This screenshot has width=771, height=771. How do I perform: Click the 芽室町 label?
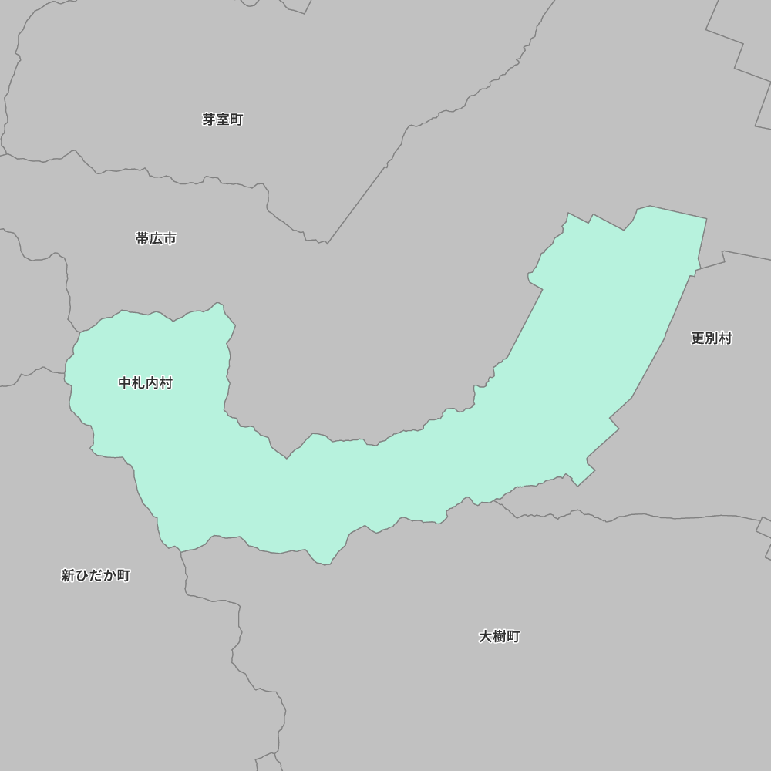pos(223,120)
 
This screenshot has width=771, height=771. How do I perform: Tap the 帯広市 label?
pos(156,239)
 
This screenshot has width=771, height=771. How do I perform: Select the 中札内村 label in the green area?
pos(145,383)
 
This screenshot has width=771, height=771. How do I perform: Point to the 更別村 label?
pos(711,338)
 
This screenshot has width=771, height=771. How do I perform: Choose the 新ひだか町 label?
pos(96,575)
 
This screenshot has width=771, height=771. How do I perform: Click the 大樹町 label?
pos(499,636)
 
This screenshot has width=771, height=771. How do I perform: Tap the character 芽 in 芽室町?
pos(209,120)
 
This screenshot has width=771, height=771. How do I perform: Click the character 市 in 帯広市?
pos(170,239)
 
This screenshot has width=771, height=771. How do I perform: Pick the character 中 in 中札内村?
pos(125,383)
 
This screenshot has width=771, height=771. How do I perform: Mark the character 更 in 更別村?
pos(697,338)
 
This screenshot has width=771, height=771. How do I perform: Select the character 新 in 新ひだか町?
pos(68,575)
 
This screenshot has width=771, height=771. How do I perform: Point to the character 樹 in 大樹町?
pos(499,636)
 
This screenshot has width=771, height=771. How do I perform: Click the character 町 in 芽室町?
pos(237,120)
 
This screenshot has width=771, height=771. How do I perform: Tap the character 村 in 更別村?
pos(725,338)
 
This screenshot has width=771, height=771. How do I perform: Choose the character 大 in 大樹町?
pos(485,636)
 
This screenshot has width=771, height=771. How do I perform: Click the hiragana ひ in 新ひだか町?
pos(82,575)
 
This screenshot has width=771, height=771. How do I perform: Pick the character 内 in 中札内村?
pos(152,383)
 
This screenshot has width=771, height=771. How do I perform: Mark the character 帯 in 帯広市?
pos(142,239)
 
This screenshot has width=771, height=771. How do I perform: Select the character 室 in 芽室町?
pos(223,120)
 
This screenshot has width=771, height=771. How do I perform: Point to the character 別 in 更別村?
pos(711,338)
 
